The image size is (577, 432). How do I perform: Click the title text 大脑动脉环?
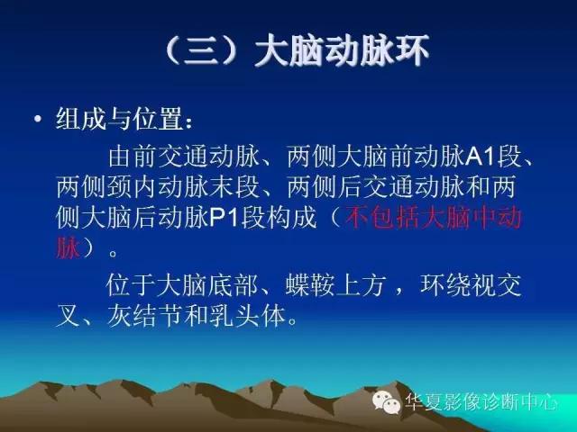[x=343, y=51]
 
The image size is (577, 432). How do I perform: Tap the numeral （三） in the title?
[x=204, y=51]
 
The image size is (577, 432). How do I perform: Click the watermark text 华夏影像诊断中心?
[x=482, y=402]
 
